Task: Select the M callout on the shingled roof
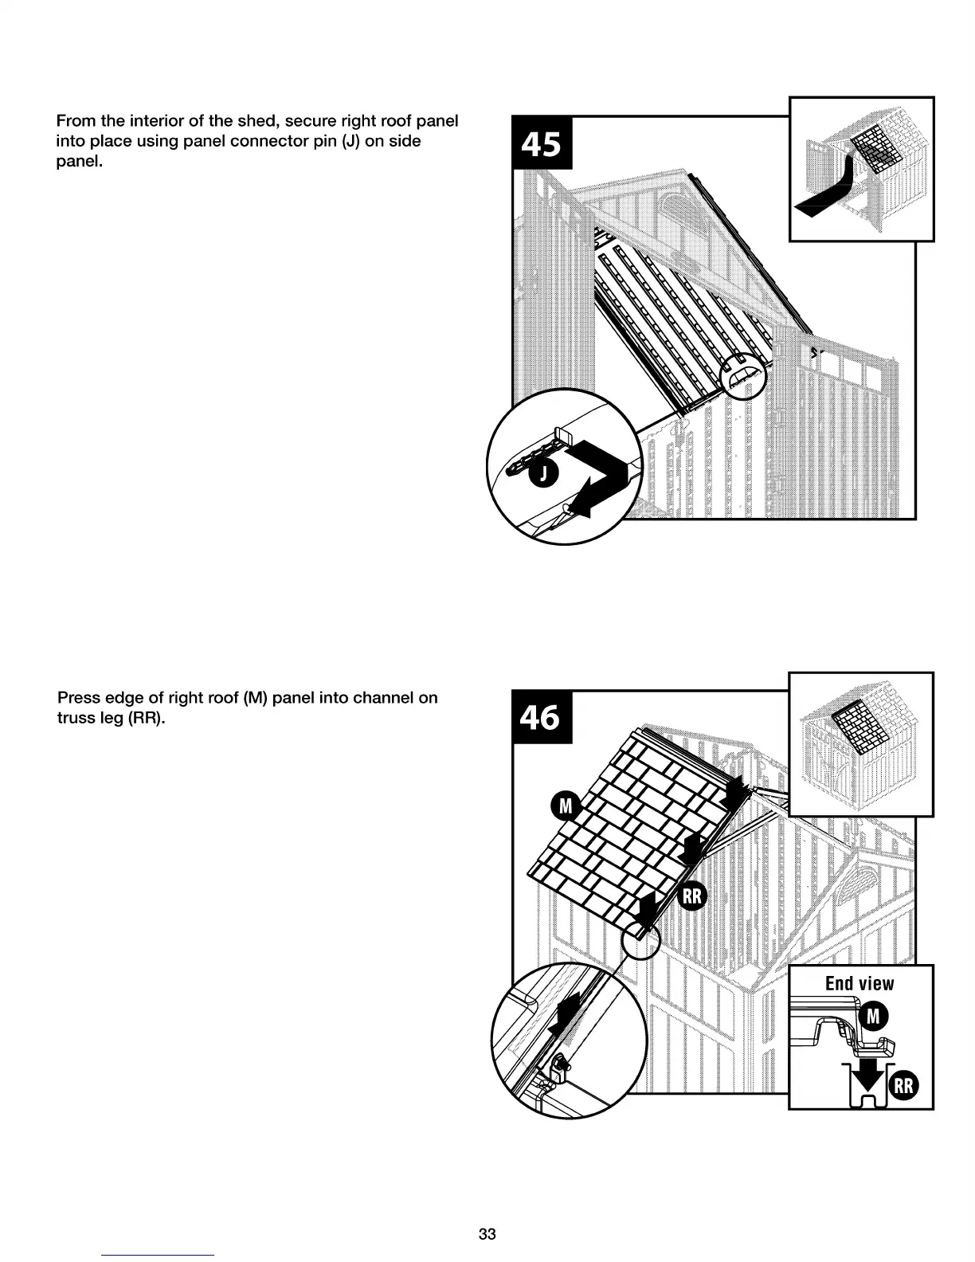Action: tap(565, 807)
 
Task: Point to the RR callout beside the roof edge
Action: tap(692, 896)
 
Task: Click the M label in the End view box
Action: tap(873, 1016)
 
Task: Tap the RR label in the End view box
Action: tap(903, 1086)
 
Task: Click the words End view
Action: tap(859, 983)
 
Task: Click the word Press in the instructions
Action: tap(77, 698)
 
